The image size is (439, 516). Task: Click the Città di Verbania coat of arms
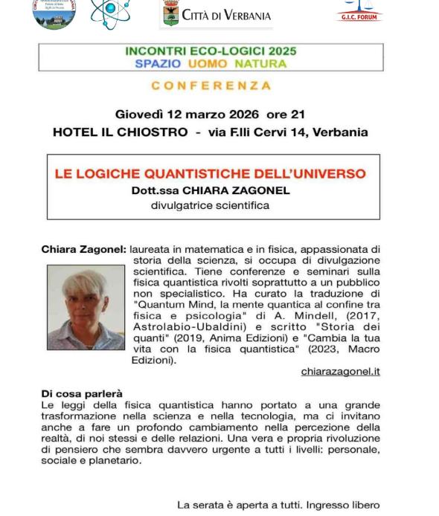(170, 13)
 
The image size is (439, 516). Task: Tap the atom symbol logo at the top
(109, 13)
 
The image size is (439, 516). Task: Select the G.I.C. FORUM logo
(359, 10)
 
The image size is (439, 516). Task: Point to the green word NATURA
(260, 64)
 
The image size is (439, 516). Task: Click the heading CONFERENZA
(211, 86)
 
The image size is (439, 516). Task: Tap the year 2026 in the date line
(239, 115)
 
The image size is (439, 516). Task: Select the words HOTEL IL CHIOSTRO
(120, 132)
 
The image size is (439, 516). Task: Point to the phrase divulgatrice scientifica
(210, 205)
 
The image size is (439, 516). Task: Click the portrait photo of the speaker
(86, 307)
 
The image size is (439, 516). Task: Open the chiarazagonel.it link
(340, 371)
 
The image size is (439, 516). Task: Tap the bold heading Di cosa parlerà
(82, 393)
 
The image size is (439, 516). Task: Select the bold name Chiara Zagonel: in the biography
(83, 250)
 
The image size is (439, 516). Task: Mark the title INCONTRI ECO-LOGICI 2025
(211, 51)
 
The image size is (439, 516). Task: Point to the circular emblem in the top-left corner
(54, 13)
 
